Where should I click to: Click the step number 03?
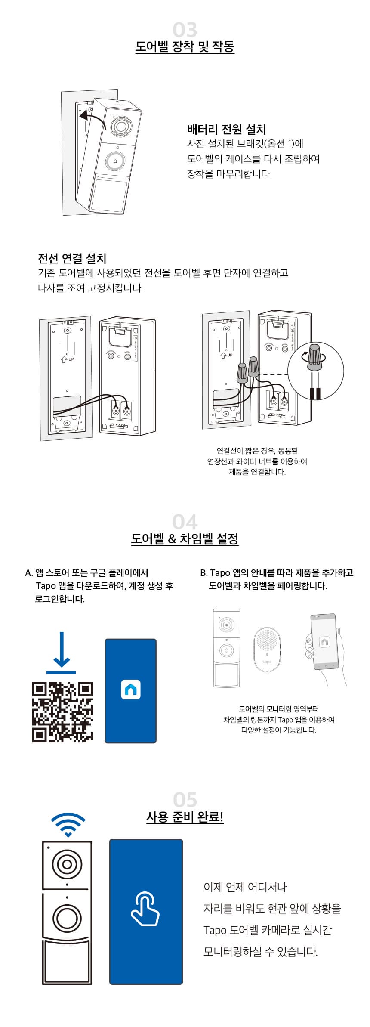pyautogui.click(x=185, y=30)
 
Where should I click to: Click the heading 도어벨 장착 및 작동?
pyautogui.click(x=185, y=46)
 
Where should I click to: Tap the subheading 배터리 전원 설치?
pyautogui.click(x=227, y=129)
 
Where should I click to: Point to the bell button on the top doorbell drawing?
pyautogui.click(x=115, y=161)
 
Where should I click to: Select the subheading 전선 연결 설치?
pyautogui.click(x=72, y=258)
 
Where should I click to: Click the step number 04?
pyautogui.click(x=185, y=522)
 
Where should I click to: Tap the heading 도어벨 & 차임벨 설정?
pyautogui.click(x=185, y=539)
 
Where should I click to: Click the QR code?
pyautogui.click(x=63, y=712)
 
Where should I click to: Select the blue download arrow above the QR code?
pyautogui.click(x=61, y=653)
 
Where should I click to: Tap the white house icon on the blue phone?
pyautogui.click(x=131, y=690)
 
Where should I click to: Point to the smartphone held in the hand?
pyautogui.click(x=325, y=642)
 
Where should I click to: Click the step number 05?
pyautogui.click(x=185, y=800)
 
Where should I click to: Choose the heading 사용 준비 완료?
pyautogui.click(x=185, y=817)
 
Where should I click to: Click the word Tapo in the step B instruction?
pyautogui.click(x=220, y=573)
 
